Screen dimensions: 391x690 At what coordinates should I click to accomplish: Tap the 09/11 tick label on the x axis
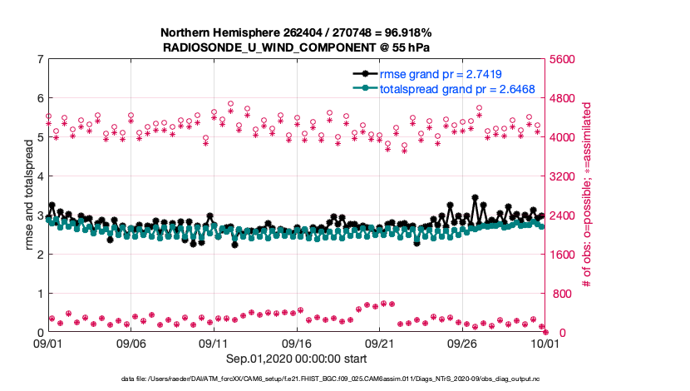[x=214, y=343]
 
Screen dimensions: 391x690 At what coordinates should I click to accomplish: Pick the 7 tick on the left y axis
[x=39, y=59]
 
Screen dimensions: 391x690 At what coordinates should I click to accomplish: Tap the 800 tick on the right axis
[x=561, y=294]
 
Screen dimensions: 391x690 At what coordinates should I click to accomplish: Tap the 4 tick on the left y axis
[x=39, y=176]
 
